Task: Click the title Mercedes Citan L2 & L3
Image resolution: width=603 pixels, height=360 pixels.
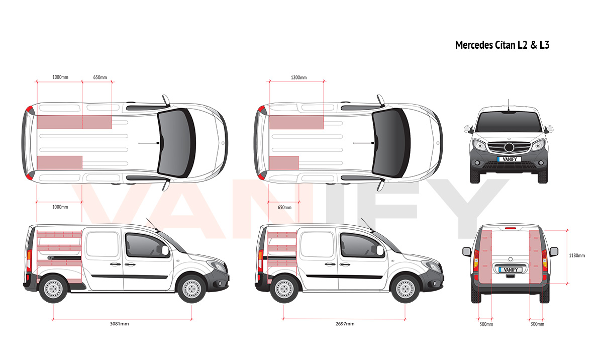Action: click(x=502, y=45)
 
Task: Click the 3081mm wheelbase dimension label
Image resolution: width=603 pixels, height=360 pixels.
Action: click(x=119, y=324)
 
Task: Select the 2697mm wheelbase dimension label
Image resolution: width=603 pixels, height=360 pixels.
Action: click(x=345, y=324)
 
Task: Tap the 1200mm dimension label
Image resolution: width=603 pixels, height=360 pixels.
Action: click(x=298, y=77)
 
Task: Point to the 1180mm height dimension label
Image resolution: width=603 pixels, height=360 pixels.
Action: click(x=577, y=255)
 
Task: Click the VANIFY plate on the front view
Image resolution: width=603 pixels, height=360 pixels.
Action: click(x=510, y=159)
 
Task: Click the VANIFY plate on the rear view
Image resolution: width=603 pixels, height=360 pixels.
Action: click(x=511, y=269)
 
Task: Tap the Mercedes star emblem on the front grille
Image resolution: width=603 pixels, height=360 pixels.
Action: click(x=509, y=147)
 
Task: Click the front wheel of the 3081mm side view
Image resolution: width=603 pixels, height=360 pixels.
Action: click(x=191, y=289)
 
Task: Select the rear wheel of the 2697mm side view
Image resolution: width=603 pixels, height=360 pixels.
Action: click(x=284, y=289)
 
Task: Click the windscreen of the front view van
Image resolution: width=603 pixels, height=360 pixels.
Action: click(x=509, y=122)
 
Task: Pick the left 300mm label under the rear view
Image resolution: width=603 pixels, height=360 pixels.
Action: click(x=486, y=324)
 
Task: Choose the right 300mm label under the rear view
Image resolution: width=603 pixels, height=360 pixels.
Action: click(x=537, y=324)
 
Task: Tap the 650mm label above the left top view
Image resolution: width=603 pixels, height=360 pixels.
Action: click(x=100, y=77)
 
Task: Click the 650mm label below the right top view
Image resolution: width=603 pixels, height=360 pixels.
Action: click(x=284, y=208)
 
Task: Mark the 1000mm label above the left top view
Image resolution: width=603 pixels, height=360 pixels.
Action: click(x=60, y=77)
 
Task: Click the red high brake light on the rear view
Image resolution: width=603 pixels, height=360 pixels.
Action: click(x=511, y=228)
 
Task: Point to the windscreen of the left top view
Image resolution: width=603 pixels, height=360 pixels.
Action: click(x=175, y=143)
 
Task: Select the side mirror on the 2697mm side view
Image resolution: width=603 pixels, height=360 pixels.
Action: click(x=380, y=250)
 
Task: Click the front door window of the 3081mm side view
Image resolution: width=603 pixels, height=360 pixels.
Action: click(x=146, y=245)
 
